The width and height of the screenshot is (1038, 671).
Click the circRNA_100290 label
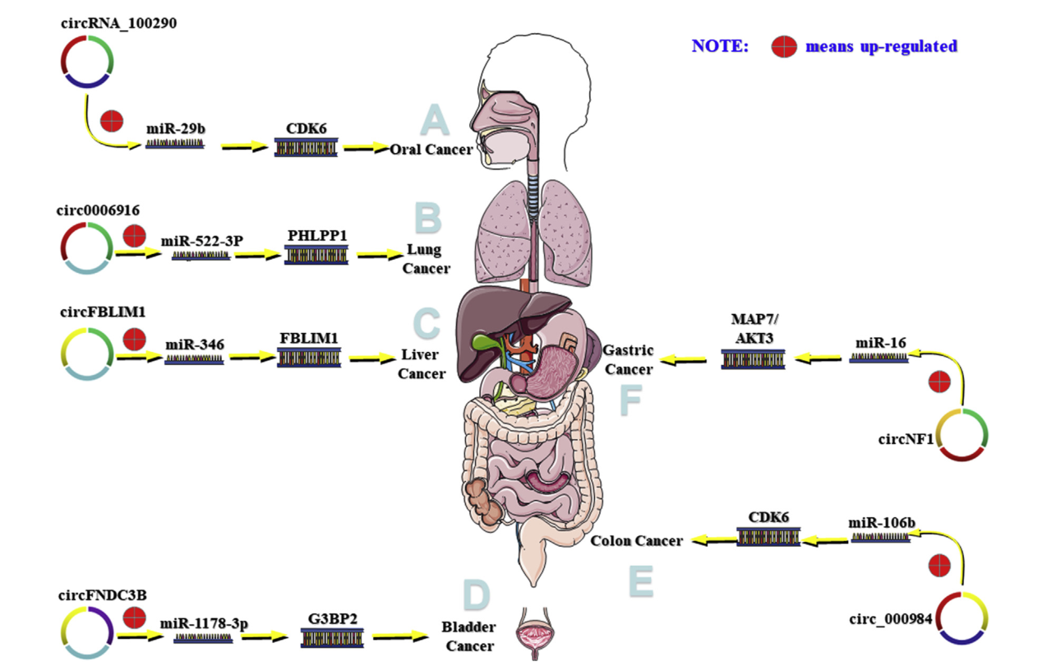click(118, 22)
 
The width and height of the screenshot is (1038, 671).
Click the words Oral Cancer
click(431, 150)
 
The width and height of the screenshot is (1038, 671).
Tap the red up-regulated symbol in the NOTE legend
click(784, 47)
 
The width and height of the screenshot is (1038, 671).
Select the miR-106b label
click(881, 522)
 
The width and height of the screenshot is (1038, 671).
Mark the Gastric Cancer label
click(629, 359)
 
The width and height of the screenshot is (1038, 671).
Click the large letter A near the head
click(434, 120)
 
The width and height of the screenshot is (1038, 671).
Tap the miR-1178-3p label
click(203, 622)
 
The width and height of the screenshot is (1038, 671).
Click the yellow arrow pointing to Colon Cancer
click(709, 540)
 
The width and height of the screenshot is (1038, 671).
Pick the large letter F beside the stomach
click(630, 400)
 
